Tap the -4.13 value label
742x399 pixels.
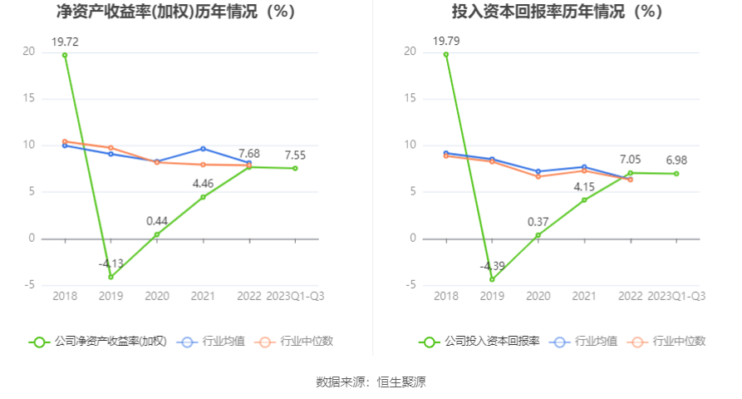tap(111, 264)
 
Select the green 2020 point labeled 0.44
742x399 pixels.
tap(157, 234)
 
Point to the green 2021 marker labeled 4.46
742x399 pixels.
tap(203, 197)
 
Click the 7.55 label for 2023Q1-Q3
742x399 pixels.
tap(295, 155)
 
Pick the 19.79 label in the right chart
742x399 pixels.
tap(446, 40)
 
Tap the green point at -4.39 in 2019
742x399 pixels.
tap(492, 279)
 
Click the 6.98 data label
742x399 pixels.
tap(676, 160)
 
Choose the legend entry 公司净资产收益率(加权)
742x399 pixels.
tap(98, 341)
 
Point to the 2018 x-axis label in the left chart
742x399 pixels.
tap(65, 296)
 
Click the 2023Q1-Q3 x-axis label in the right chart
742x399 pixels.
tap(676, 296)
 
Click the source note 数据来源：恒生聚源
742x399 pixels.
tap(371, 382)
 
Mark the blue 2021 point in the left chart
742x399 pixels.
tap(203, 149)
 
